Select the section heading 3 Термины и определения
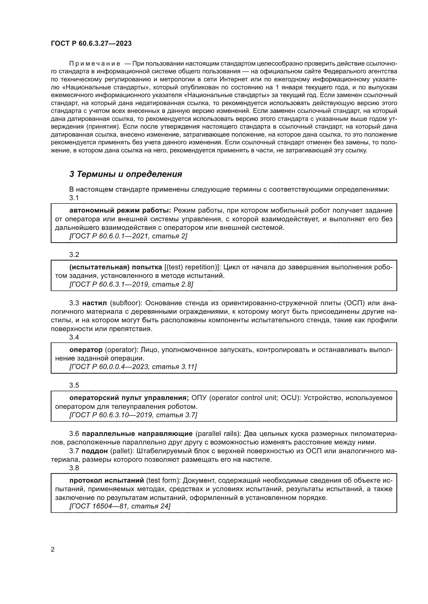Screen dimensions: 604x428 [126, 174]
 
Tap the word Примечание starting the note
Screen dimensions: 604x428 [95, 64]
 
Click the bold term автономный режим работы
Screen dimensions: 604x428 [120, 210]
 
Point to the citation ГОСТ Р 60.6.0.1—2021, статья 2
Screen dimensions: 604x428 [128, 236]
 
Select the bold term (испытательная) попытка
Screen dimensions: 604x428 [116, 267]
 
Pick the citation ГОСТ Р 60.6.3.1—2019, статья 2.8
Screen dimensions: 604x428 [131, 284]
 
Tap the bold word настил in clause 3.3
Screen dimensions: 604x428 [94, 303]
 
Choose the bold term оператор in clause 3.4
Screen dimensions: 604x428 [86, 350]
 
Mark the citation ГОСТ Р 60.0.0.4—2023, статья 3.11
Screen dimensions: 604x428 [133, 367]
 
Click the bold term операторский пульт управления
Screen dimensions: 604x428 [129, 397]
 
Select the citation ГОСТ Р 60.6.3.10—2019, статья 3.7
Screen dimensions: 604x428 [133, 415]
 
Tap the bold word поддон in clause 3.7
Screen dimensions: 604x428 [95, 451]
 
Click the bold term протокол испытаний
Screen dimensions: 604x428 [106, 480]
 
